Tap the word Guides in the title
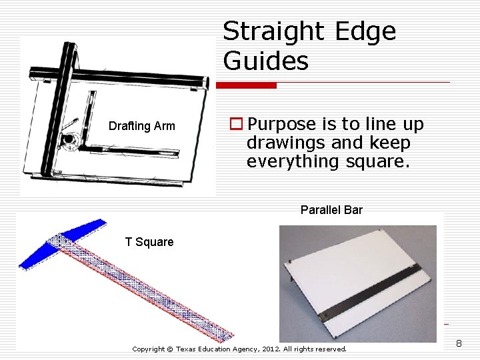pyautogui.click(x=266, y=61)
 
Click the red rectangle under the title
pyautogui.click(x=247, y=85)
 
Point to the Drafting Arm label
pyautogui.click(x=142, y=126)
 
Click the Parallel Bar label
pyautogui.click(x=331, y=210)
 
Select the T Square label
pyautogui.click(x=149, y=242)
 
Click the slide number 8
pyautogui.click(x=459, y=344)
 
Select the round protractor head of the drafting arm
pyautogui.click(x=68, y=139)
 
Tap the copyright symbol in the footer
pyautogui.click(x=169, y=349)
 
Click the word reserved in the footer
pyautogui.click(x=329, y=349)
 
